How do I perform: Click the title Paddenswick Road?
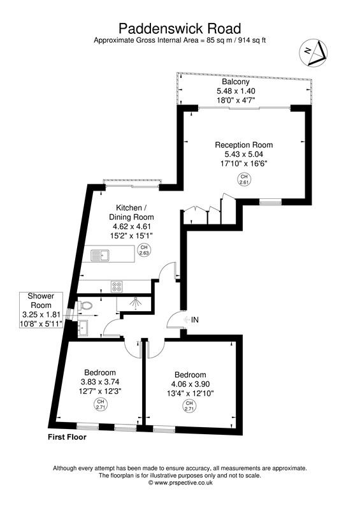pyautogui.click(x=180, y=28)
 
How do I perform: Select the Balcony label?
pyautogui.click(x=235, y=82)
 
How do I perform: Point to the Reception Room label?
pyautogui.click(x=245, y=145)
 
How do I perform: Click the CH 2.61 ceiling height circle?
pyautogui.click(x=244, y=179)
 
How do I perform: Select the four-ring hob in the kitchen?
pyautogui.click(x=117, y=285)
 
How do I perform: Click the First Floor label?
pyautogui.click(x=67, y=438)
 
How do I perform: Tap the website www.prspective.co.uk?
pyautogui.click(x=180, y=483)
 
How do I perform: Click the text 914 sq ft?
pyautogui.click(x=250, y=40)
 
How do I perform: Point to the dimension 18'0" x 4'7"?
pyautogui.click(x=235, y=100)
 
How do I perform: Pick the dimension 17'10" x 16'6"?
pyautogui.click(x=245, y=163)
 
